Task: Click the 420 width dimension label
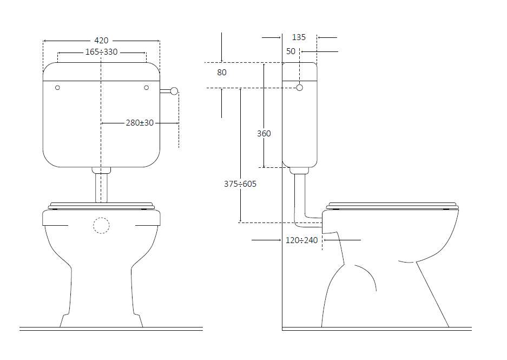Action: pyautogui.click(x=101, y=41)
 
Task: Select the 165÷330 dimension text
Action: pyautogui.click(x=101, y=52)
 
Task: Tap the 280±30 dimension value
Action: pyautogui.click(x=140, y=123)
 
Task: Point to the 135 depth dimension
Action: pyautogui.click(x=299, y=37)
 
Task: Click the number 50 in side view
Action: pyautogui.click(x=291, y=51)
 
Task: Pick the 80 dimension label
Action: pyautogui.click(x=222, y=72)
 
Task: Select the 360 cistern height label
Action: pyautogui.click(x=264, y=133)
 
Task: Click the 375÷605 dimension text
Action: pyautogui.click(x=240, y=184)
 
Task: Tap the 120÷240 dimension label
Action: pyautogui.click(x=301, y=240)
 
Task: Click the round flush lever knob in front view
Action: pyautogui.click(x=174, y=91)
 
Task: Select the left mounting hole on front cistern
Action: pyautogui.click(x=58, y=88)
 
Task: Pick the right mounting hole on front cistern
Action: pyautogui.click(x=146, y=88)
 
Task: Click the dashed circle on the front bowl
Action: pyautogui.click(x=101, y=225)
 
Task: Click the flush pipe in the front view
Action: pyautogui.click(x=101, y=187)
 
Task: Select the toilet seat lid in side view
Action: pyautogui.click(x=392, y=205)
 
